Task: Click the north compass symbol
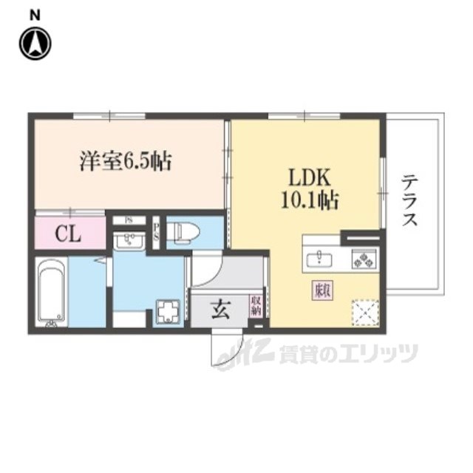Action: coord(34,44)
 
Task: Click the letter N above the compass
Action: coord(34,13)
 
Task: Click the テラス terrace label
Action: coord(411,200)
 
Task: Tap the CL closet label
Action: coord(69,235)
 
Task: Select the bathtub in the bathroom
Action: coord(52,293)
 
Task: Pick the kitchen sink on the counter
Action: coord(320,258)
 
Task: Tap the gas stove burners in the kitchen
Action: coord(364,259)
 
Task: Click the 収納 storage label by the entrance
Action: coord(256,306)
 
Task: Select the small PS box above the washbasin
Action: coord(129,220)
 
